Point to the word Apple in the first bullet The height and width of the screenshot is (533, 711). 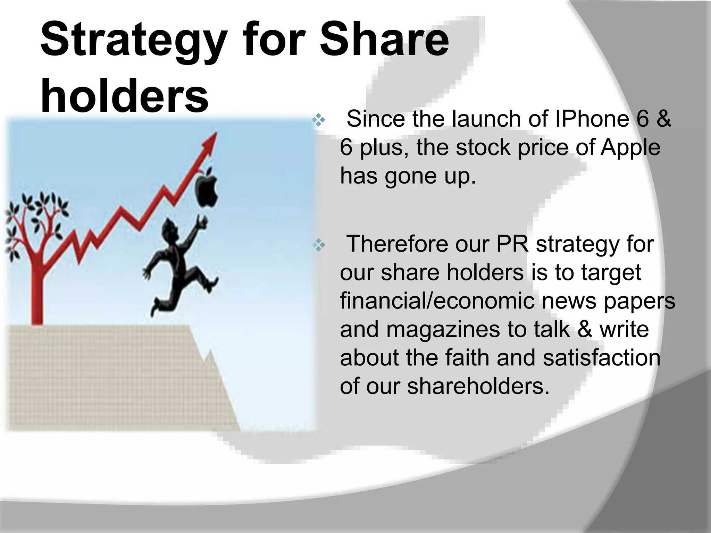630,147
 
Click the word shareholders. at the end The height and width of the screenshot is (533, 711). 478,386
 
